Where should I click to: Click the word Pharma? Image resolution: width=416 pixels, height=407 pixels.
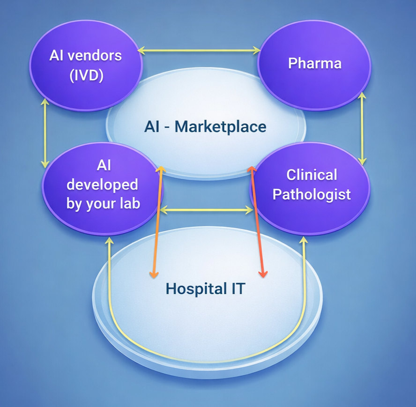pyautogui.click(x=314, y=63)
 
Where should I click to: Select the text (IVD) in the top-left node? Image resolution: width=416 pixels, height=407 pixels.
pyautogui.click(x=86, y=75)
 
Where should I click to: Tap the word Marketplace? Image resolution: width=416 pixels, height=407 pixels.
pyautogui.click(x=221, y=126)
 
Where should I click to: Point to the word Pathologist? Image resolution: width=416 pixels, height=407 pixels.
pyautogui.click(x=312, y=194)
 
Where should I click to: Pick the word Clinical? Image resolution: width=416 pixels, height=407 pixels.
pyautogui.click(x=312, y=175)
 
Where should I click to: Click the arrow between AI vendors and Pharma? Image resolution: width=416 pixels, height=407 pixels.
pyautogui.click(x=199, y=50)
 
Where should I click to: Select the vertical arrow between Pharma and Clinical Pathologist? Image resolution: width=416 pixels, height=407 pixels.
pyautogui.click(x=362, y=127)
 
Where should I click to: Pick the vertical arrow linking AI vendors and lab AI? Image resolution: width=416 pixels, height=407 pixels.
pyautogui.click(x=45, y=133)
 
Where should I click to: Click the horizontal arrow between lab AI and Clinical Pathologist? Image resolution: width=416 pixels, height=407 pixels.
pyautogui.click(x=206, y=211)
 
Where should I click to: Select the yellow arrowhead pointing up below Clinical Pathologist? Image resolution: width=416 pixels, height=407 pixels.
pyautogui.click(x=304, y=240)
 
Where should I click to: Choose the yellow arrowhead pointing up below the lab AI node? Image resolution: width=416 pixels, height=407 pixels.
pyautogui.click(x=109, y=240)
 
